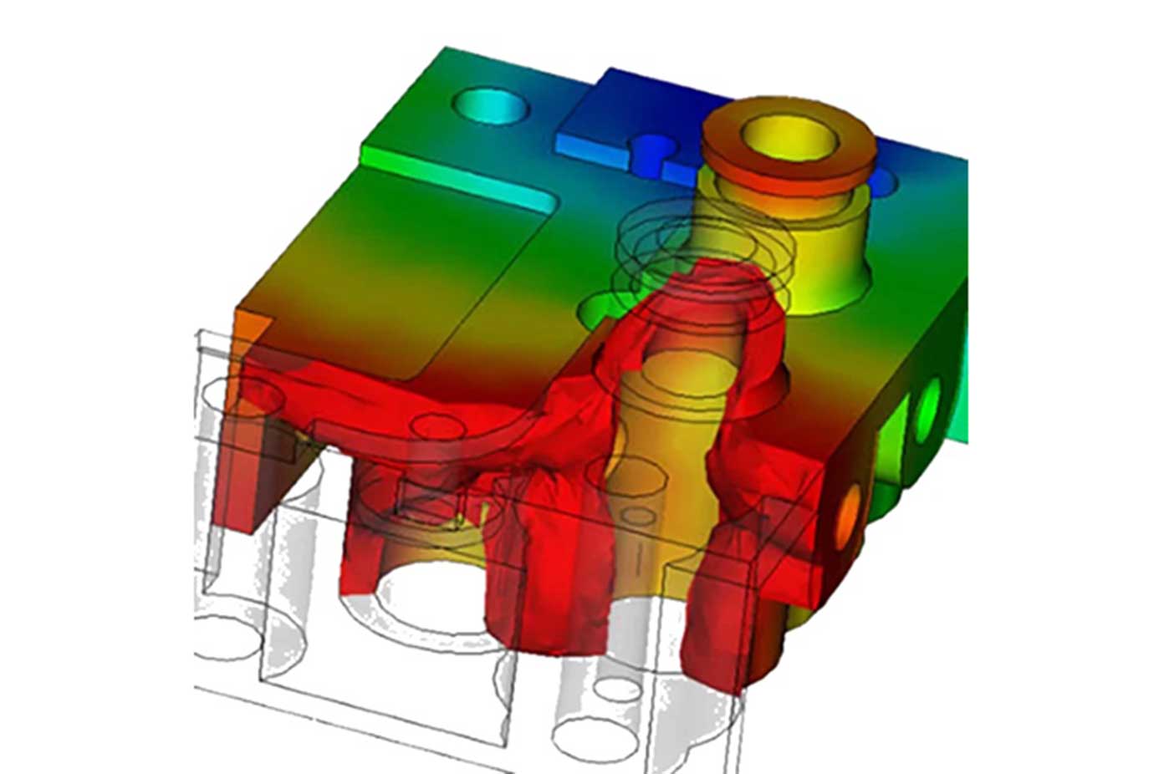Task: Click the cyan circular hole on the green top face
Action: [491, 106]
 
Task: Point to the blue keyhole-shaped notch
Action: [651, 155]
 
